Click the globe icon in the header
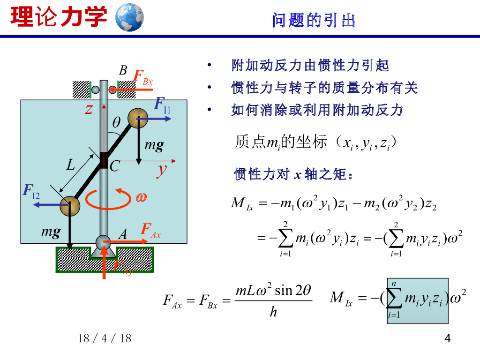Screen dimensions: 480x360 click(x=129, y=17)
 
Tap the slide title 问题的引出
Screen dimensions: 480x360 click(x=314, y=20)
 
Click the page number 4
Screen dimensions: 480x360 click(x=447, y=338)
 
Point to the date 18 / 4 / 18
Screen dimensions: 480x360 click(x=105, y=338)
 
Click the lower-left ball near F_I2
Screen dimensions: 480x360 click(x=69, y=205)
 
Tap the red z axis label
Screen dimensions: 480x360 click(x=89, y=109)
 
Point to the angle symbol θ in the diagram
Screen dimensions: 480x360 click(x=116, y=122)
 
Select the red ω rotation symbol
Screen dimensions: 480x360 click(x=141, y=197)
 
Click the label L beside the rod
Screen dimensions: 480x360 click(x=70, y=165)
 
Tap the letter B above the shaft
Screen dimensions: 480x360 click(x=123, y=71)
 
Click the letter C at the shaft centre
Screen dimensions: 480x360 click(x=115, y=166)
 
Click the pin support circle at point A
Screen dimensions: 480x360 click(x=103, y=242)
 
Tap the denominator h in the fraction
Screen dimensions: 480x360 click(x=273, y=312)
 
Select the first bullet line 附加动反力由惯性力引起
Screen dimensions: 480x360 click(x=310, y=65)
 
